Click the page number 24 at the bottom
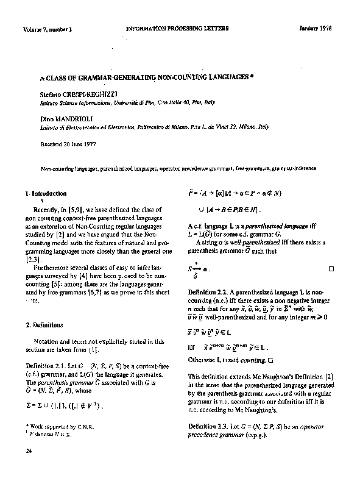pos(29,451)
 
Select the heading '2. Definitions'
pos(45,325)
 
